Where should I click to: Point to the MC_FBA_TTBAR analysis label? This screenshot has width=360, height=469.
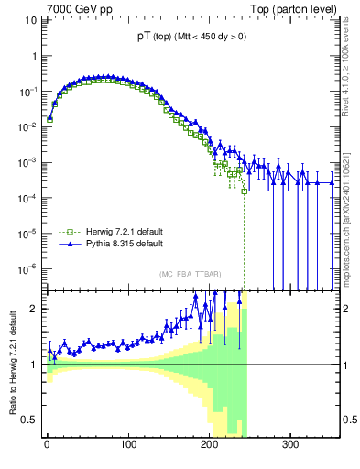(x=188, y=274)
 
